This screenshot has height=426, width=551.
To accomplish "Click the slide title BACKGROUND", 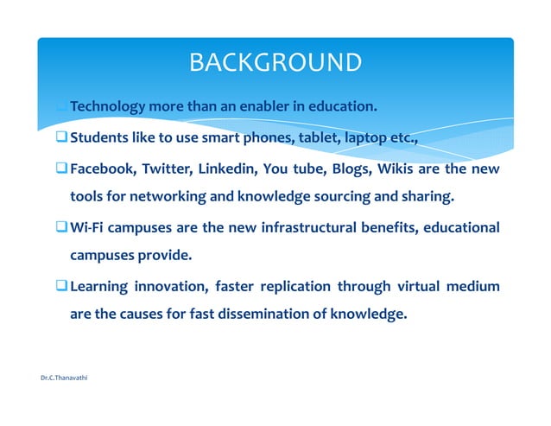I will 275,62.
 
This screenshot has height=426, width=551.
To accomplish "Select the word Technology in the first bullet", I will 107,107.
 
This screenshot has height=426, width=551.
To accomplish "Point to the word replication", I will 287,287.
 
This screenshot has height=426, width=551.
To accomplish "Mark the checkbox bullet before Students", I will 61,137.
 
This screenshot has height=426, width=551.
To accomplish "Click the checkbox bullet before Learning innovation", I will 61,287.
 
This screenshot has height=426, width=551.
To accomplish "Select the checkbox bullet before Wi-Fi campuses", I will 61,227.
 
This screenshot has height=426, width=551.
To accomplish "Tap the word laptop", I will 366,137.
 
